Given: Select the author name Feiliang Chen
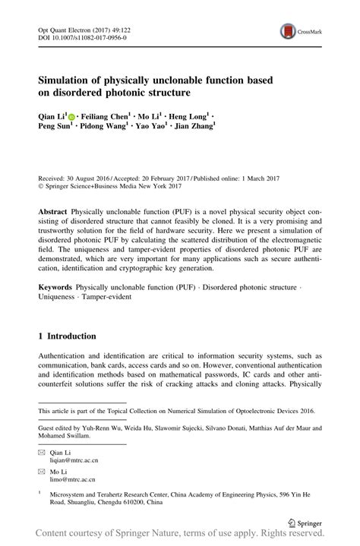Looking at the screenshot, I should [x=103, y=117].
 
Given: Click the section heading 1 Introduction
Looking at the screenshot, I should [x=68, y=336].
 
